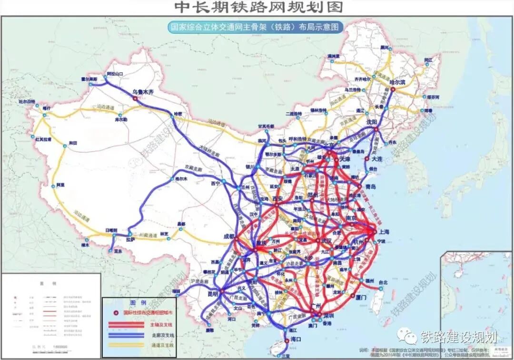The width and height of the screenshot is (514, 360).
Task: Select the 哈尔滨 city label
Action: pos(399,82)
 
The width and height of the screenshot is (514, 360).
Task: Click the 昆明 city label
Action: pos(210,294)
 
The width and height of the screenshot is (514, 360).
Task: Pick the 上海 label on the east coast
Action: pos(385,232)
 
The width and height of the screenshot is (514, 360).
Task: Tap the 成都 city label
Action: pos(228,236)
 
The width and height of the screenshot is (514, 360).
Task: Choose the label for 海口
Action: pos(297,340)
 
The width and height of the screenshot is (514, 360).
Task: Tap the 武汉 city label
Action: pos(326,240)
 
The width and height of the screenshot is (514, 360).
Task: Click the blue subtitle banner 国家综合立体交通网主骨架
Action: pos(257,27)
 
